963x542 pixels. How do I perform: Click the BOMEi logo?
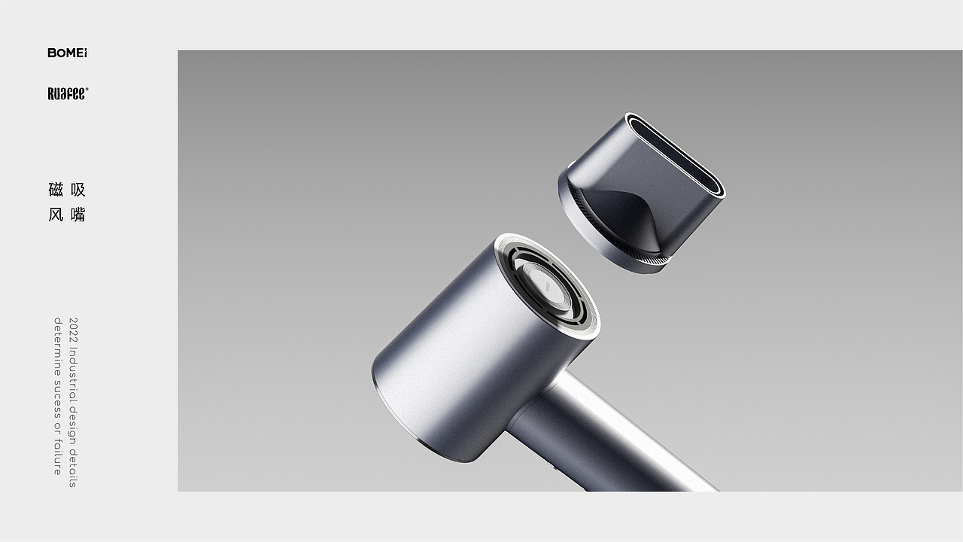[x=67, y=53]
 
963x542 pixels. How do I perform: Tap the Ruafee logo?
[x=68, y=93]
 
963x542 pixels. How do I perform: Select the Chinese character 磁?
[x=56, y=190]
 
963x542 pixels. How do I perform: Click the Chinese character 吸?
[x=78, y=190]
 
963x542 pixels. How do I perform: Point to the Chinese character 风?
[x=56, y=215]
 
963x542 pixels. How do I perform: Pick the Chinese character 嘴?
[x=78, y=215]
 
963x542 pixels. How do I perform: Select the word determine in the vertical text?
[x=58, y=346]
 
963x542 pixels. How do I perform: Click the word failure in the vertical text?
[x=58, y=457]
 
